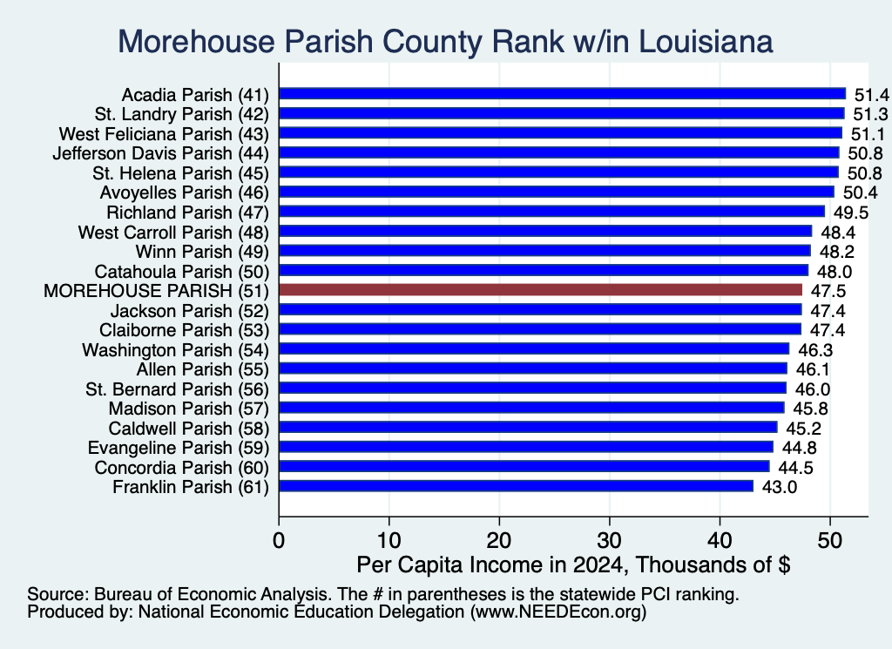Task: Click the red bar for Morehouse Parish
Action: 540,290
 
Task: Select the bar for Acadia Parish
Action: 563,94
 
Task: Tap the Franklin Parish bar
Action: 516,486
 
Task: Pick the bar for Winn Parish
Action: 545,251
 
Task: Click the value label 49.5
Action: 851,213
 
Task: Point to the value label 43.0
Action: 780,488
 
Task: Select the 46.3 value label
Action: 815,350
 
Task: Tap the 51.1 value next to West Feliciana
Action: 868,134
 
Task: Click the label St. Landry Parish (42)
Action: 181,114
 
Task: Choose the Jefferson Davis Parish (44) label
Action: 160,153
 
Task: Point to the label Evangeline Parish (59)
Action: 178,448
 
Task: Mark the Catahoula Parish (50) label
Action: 181,271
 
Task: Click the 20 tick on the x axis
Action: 499,540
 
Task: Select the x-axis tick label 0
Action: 279,540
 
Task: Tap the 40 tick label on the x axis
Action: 720,540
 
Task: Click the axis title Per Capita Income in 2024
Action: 491,564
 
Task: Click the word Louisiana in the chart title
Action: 706,42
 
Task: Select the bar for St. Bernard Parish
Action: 532,388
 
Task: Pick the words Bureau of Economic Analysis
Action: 211,594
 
